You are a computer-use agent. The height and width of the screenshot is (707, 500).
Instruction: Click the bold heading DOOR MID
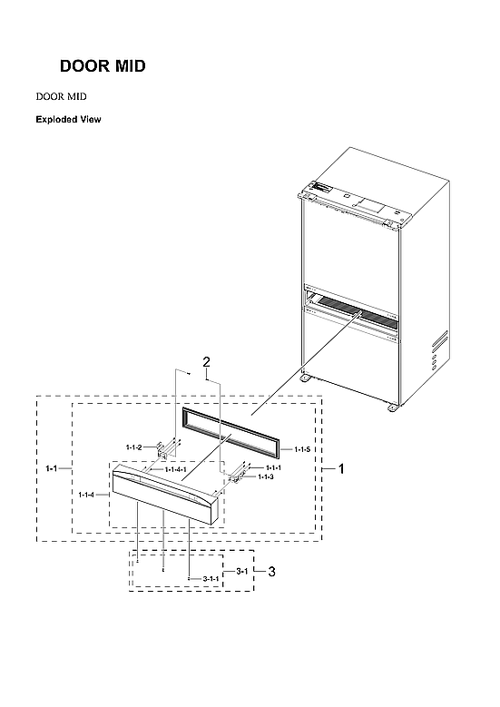(103, 67)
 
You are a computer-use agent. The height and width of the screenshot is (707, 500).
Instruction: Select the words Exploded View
(67, 119)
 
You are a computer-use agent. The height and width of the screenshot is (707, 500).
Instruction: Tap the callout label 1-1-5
(302, 449)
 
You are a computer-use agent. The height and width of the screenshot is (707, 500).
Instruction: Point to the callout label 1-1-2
(135, 447)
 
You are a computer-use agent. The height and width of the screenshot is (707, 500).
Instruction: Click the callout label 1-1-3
(266, 476)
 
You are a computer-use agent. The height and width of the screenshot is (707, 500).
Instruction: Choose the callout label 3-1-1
(211, 578)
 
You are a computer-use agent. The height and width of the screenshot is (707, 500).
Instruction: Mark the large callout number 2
(207, 363)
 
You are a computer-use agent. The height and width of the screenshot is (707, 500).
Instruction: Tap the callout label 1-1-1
(273, 466)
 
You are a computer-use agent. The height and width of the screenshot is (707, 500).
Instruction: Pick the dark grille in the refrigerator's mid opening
(354, 310)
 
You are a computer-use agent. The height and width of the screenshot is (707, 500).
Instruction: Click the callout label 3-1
(241, 571)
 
